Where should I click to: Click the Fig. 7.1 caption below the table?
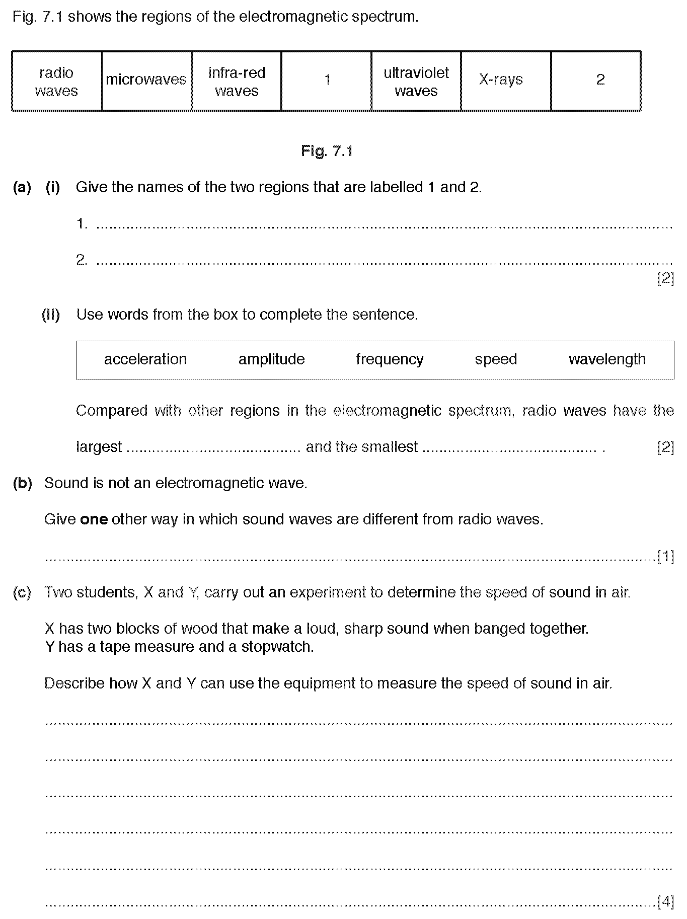tap(327, 151)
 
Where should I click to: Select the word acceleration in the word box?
tap(145, 359)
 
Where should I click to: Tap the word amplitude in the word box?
tap(271, 359)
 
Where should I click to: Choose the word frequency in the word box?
tap(390, 359)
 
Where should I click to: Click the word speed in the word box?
tap(496, 359)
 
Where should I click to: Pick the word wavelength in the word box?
tap(607, 359)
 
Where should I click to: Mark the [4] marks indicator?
tap(665, 902)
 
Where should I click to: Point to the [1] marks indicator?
tap(665, 557)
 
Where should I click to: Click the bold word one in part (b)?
tap(94, 519)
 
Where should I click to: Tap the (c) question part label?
tap(22, 592)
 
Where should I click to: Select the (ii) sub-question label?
tap(51, 315)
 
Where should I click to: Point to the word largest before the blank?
tap(99, 447)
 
